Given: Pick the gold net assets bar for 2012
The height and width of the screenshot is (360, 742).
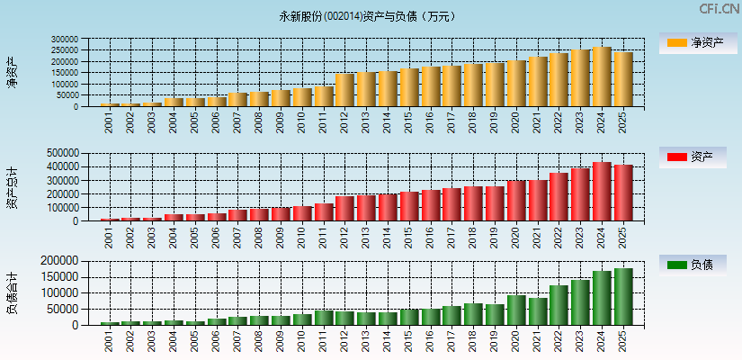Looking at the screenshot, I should click(344, 90).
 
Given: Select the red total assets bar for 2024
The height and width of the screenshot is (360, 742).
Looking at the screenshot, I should click(602, 192).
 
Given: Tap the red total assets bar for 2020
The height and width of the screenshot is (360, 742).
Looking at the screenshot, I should click(516, 201).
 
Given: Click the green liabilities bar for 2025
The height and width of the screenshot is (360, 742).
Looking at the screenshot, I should click(623, 296).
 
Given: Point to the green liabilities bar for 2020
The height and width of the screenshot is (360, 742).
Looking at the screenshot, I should click(516, 310).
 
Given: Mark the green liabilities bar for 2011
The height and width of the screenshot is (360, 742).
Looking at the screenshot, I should click(323, 318).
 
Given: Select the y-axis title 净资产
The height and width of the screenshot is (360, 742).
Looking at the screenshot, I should click(12, 72).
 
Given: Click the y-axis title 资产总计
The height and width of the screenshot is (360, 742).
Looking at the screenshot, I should click(12, 187).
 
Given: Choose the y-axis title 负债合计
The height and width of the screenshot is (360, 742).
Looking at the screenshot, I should click(12, 292).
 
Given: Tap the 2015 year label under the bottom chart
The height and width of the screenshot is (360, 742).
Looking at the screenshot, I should click(409, 341).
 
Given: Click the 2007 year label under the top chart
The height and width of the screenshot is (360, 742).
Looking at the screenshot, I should click(237, 122).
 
